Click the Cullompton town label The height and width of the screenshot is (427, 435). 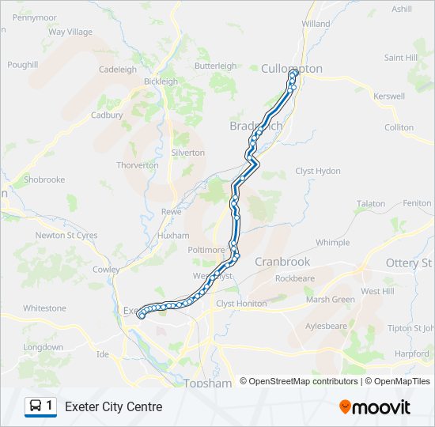(x=292, y=69)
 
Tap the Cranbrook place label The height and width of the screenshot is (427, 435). (x=282, y=262)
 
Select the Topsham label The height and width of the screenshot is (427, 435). (x=207, y=384)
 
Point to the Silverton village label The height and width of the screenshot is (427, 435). (x=188, y=153)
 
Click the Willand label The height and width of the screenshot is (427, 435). (x=316, y=24)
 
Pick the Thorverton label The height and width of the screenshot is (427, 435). (x=137, y=165)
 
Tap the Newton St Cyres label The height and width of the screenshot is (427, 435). (x=66, y=235)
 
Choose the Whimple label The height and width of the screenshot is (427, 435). (x=332, y=243)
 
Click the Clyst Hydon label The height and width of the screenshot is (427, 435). (x=318, y=171)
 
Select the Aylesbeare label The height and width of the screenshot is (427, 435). (x=326, y=326)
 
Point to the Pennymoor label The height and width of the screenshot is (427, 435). (x=35, y=17)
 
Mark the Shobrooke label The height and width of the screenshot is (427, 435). (x=44, y=179)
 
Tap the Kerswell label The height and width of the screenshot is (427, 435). (x=389, y=96)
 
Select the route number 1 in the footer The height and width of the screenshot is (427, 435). (x=50, y=406)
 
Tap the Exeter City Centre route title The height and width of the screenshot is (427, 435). (x=113, y=407)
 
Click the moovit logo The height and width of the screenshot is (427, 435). (x=375, y=407)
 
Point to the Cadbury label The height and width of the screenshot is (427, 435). (x=107, y=115)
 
